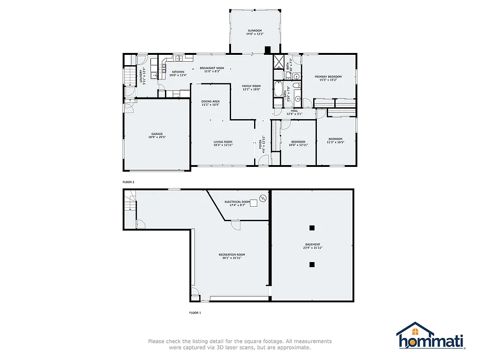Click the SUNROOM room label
[255, 30]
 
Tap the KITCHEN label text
[178, 72]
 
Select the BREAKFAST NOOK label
[212, 68]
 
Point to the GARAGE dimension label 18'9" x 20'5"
[157, 137]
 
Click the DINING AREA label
[210, 101]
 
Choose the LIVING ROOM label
[223, 142]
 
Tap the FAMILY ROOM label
[251, 86]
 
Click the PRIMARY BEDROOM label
[328, 76]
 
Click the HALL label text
[294, 111]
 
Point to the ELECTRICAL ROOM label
[237, 202]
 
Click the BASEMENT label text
[313, 244]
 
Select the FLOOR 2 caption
[128, 181]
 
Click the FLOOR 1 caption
[195, 312]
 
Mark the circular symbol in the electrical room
[262, 199]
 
